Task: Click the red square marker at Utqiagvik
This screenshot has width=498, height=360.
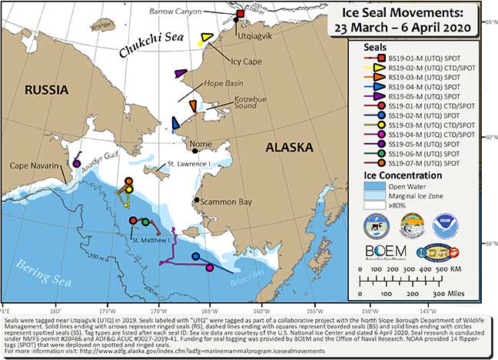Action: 240,15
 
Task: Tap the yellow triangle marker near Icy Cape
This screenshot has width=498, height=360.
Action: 205,38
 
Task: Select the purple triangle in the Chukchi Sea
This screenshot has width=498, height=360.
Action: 180,73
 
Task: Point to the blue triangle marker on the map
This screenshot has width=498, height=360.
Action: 175,123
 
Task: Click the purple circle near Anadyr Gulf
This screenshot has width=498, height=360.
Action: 76,163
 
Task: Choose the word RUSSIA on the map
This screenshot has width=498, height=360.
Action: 47,91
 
